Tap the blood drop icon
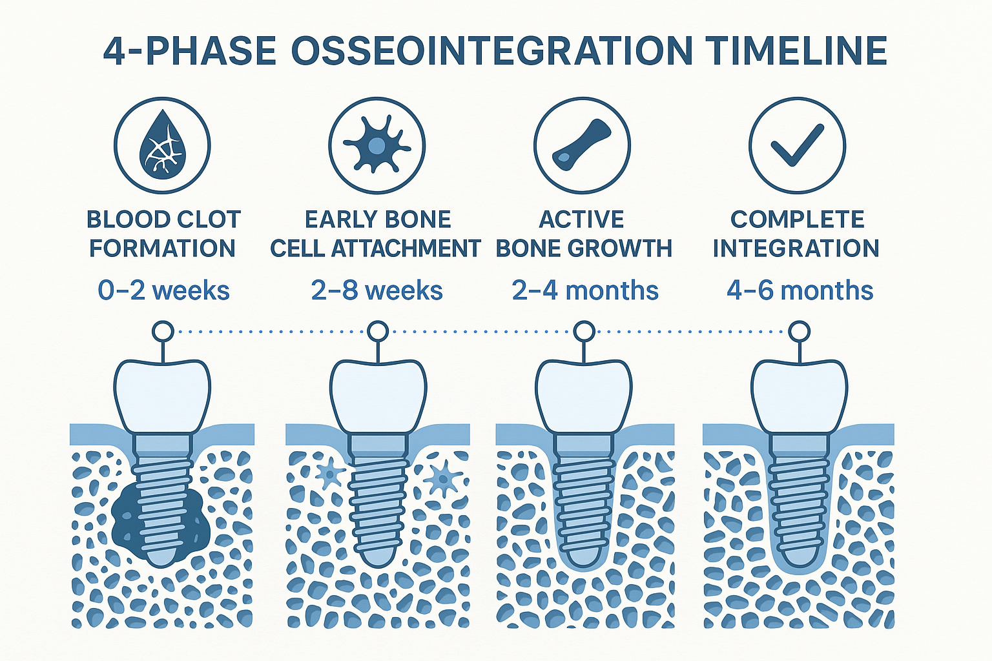point(162,145)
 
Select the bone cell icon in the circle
point(377,145)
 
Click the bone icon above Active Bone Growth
point(582,145)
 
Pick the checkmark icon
point(797,145)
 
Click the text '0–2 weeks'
point(163,291)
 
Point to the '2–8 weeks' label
point(377,291)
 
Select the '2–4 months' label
point(584,291)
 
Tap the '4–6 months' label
point(800,291)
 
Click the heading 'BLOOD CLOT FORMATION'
point(163,234)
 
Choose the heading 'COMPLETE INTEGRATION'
point(796,234)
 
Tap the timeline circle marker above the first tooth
point(163,332)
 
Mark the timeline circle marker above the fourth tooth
point(800,332)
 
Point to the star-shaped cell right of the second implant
point(443,478)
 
